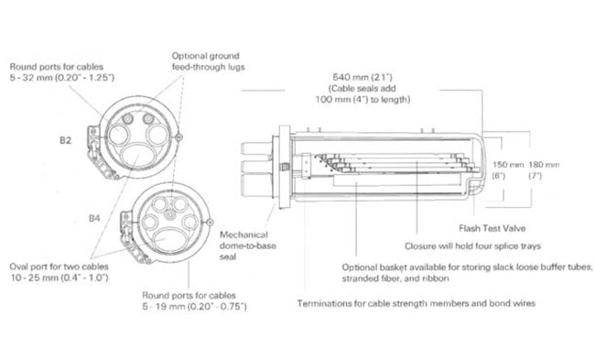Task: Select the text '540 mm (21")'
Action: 360,76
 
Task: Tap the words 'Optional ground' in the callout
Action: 207,55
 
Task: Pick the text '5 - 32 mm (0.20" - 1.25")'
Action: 59,79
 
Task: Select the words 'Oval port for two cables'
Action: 53,267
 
